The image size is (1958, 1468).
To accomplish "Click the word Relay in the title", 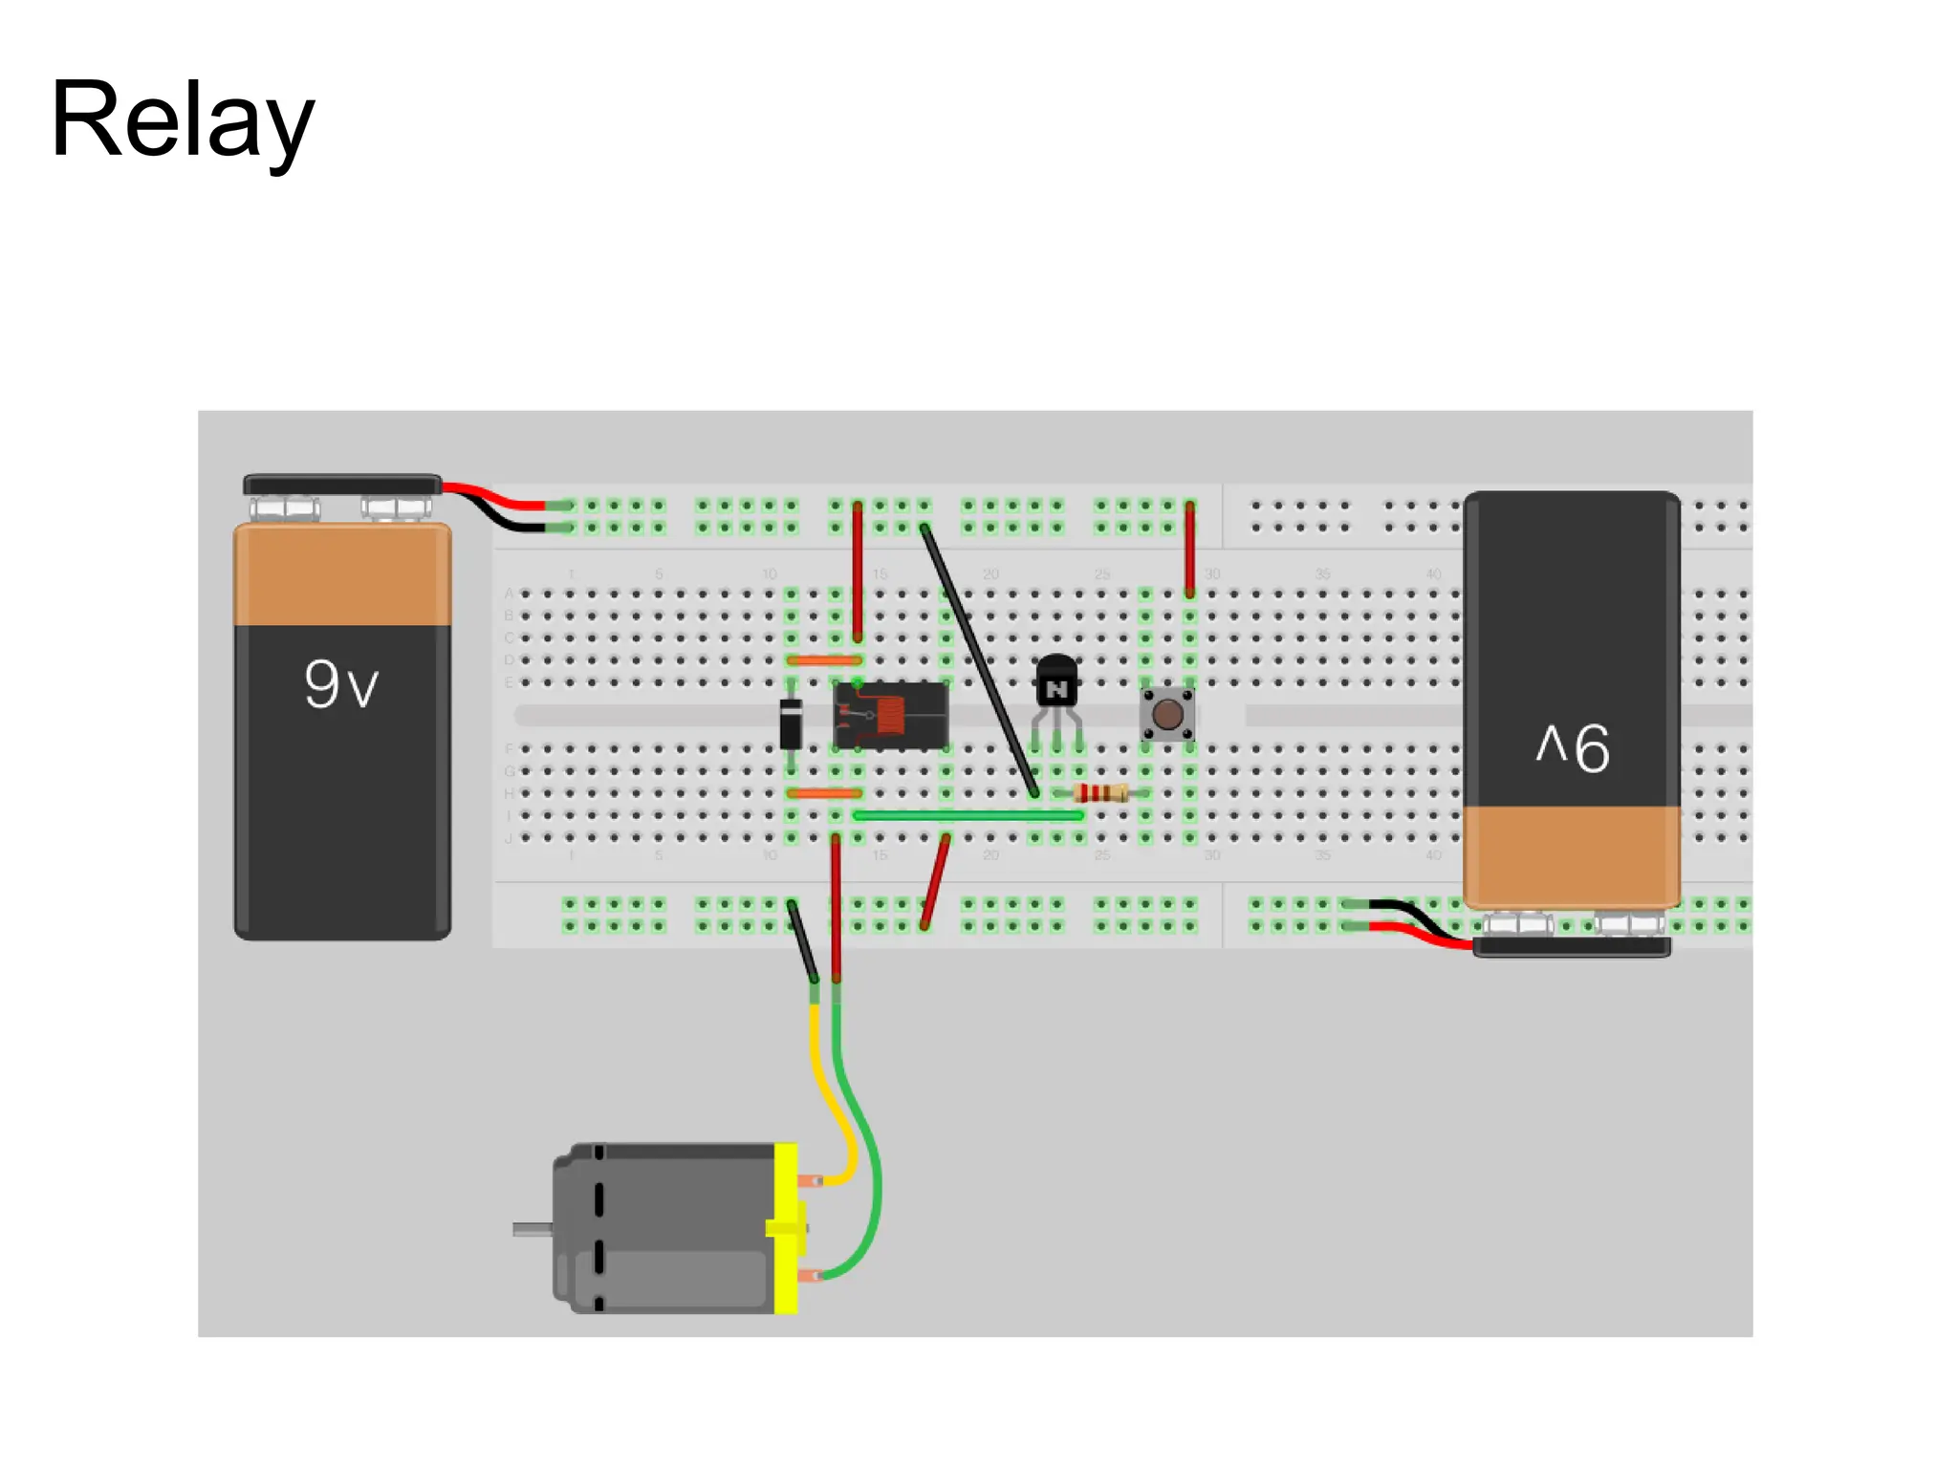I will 182,119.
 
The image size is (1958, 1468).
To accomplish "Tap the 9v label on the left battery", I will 341,684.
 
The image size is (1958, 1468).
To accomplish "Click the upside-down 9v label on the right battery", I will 1573,747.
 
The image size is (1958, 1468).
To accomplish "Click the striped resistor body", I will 1099,792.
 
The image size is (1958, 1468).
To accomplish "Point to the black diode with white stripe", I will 791,723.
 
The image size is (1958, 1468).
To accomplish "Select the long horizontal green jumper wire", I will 966,815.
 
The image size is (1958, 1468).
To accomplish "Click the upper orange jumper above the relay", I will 823,659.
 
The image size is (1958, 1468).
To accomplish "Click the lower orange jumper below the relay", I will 823,792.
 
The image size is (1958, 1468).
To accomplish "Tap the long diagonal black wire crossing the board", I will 979,659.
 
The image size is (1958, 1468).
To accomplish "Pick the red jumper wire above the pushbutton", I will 1189,549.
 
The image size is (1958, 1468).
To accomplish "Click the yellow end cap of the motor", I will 786,1228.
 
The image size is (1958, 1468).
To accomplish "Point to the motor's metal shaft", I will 532,1229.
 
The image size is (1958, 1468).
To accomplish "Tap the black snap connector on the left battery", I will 341,485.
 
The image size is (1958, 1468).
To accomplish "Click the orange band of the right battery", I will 1571,853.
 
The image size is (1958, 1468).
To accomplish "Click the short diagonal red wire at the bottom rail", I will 935,881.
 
